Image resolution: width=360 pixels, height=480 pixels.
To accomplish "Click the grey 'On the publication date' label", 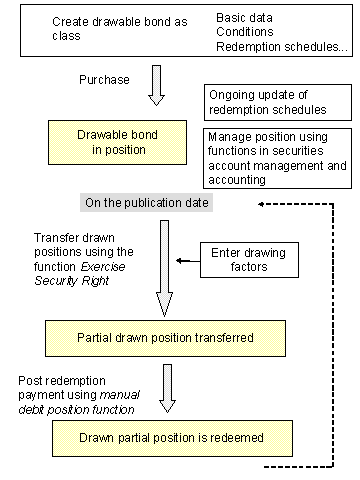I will click(147, 203).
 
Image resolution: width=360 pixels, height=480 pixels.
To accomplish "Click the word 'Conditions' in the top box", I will click(244, 33).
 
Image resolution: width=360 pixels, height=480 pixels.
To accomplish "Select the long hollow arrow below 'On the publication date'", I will click(164, 265).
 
